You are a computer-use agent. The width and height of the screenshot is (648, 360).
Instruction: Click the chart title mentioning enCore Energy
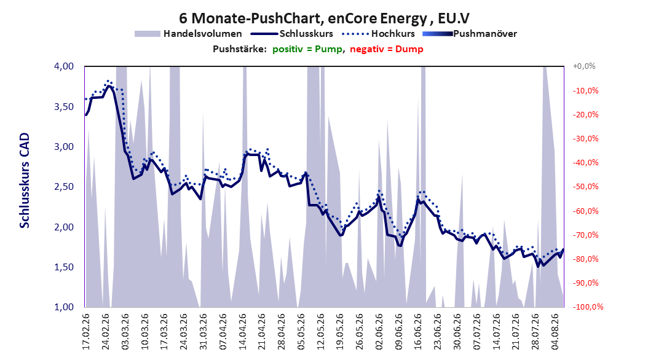coord(324,18)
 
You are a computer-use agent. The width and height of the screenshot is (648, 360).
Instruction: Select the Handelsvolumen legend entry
coord(189,34)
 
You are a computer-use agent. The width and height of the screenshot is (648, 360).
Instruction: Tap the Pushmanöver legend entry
coord(470,34)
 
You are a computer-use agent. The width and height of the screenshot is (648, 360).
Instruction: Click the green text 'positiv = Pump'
coord(307,49)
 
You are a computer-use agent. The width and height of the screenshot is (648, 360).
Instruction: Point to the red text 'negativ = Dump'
coord(387,49)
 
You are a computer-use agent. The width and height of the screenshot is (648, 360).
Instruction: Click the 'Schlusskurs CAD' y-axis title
coord(25,181)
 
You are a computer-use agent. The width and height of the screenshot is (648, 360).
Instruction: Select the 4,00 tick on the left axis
coord(64,66)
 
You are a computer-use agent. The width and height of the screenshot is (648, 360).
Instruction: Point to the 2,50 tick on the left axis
coord(64,187)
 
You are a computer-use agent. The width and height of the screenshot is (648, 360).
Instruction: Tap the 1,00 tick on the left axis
coord(64,307)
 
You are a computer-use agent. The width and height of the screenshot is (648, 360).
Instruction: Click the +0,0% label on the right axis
coord(584,66)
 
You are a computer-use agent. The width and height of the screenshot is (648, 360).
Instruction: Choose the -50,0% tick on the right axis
coord(585,187)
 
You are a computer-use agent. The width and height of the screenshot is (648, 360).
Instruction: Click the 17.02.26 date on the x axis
coord(86,332)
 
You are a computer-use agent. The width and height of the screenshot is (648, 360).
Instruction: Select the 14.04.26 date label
coord(242,332)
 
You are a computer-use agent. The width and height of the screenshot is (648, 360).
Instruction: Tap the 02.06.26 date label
coord(379,332)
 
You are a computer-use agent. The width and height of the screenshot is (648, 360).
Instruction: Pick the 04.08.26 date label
coord(555,332)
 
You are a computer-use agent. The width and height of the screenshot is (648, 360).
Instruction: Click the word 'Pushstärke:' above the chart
coord(240,49)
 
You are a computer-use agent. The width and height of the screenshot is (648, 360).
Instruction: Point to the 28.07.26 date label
coord(535,332)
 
